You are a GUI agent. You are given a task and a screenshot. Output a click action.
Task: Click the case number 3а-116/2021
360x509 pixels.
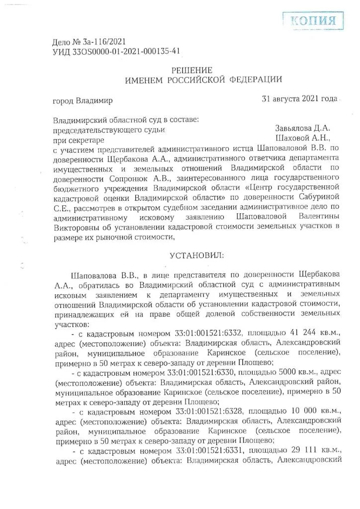tap(98, 42)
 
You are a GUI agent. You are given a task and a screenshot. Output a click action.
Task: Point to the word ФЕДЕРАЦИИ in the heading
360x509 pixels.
tap(257, 79)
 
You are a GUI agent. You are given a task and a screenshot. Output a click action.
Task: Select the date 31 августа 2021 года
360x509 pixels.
tap(299, 98)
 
